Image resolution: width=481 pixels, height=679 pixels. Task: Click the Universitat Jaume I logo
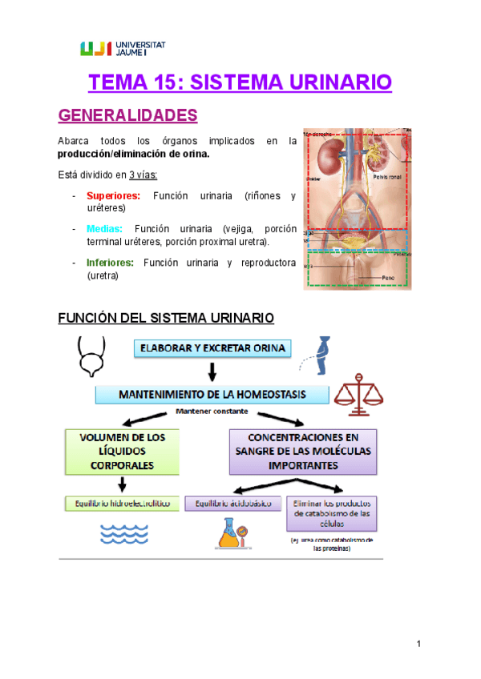pyautogui.click(x=123, y=48)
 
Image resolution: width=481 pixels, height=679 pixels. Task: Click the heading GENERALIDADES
pyautogui.click(x=128, y=115)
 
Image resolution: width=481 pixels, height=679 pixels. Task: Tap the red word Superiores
pyautogui.click(x=113, y=195)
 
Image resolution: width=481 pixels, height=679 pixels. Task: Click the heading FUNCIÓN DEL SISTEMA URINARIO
pyautogui.click(x=166, y=319)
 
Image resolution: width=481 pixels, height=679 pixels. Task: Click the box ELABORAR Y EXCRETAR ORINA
pyautogui.click(x=212, y=348)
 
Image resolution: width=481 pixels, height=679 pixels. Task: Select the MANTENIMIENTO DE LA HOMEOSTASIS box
pyautogui.click(x=212, y=395)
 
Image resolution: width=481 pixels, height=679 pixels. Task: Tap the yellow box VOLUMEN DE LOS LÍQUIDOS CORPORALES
pyautogui.click(x=122, y=450)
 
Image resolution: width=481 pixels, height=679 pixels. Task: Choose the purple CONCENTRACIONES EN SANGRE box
pyautogui.click(x=303, y=450)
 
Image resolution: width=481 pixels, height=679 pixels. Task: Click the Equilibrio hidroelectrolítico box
pyautogui.click(x=122, y=503)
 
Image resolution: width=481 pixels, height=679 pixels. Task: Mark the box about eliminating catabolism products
pyautogui.click(x=331, y=513)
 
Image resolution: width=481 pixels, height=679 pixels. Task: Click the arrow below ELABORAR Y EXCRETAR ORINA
pyautogui.click(x=212, y=371)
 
